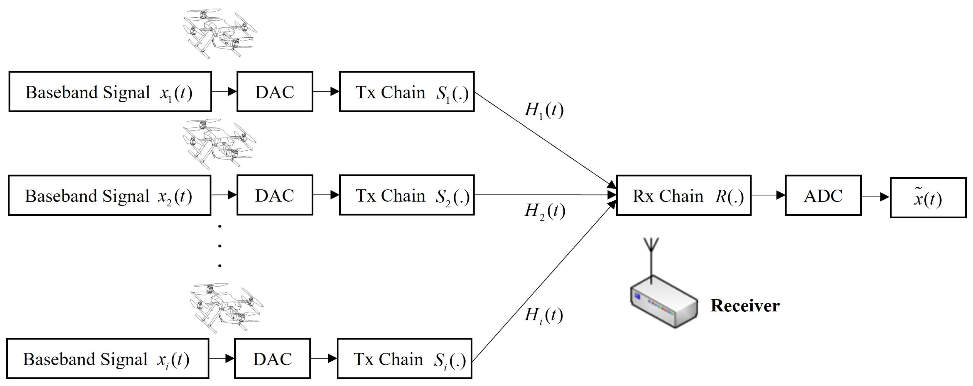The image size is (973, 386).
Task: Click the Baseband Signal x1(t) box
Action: [110, 92]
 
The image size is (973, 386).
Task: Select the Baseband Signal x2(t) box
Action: [109, 195]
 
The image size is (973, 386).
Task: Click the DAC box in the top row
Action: [275, 92]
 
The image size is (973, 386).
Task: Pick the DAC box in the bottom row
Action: [272, 359]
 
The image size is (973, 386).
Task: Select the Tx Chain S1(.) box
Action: [407, 92]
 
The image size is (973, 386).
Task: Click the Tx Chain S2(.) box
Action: [407, 195]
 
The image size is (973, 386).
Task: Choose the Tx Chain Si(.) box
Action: [404, 359]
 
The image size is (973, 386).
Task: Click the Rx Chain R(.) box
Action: [684, 196]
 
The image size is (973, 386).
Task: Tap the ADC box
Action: [823, 196]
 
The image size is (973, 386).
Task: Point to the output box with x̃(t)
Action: [928, 198]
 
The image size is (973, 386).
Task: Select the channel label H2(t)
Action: [545, 211]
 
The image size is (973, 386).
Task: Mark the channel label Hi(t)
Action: [543, 315]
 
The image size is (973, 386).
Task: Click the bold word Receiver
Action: [745, 305]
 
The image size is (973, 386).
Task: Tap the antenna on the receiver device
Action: [651, 257]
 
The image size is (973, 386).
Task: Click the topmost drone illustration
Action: [219, 32]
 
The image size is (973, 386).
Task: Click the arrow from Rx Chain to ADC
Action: [768, 195]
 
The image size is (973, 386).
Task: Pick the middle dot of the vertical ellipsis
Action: [220, 246]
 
